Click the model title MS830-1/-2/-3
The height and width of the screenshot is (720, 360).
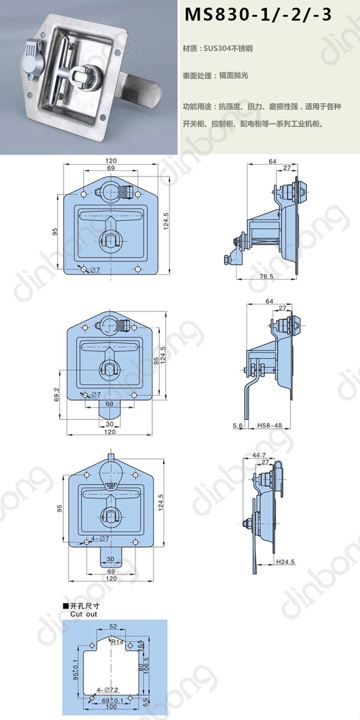tap(258, 15)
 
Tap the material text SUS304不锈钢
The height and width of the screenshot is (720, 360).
tap(228, 49)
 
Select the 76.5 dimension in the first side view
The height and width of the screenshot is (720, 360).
tap(266, 276)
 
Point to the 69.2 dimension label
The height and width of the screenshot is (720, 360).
tap(57, 394)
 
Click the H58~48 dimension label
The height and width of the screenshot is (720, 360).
tap(269, 426)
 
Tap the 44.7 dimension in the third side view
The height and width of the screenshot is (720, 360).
tap(259, 455)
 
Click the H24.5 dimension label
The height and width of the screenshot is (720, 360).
tap(285, 562)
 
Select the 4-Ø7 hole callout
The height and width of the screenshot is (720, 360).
tap(100, 538)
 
